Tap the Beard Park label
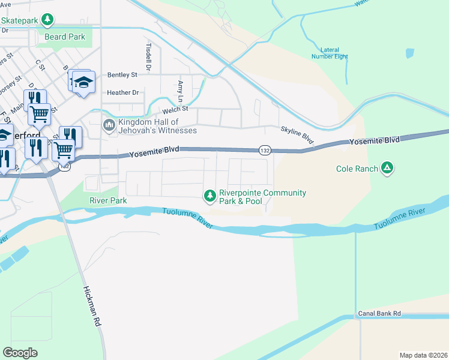point(65,37)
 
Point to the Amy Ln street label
point(180,91)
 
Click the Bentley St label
point(122,75)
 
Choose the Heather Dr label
point(122,92)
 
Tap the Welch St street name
point(176,109)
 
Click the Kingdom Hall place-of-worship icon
point(109,125)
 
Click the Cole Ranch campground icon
point(388,169)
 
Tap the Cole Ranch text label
point(357,169)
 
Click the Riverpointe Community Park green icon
point(209,195)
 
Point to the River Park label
point(108,200)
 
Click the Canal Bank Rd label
point(379,314)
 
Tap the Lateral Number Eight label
point(330,53)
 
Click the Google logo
point(20,352)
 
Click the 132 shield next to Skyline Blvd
point(264,149)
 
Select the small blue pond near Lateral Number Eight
point(409,53)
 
